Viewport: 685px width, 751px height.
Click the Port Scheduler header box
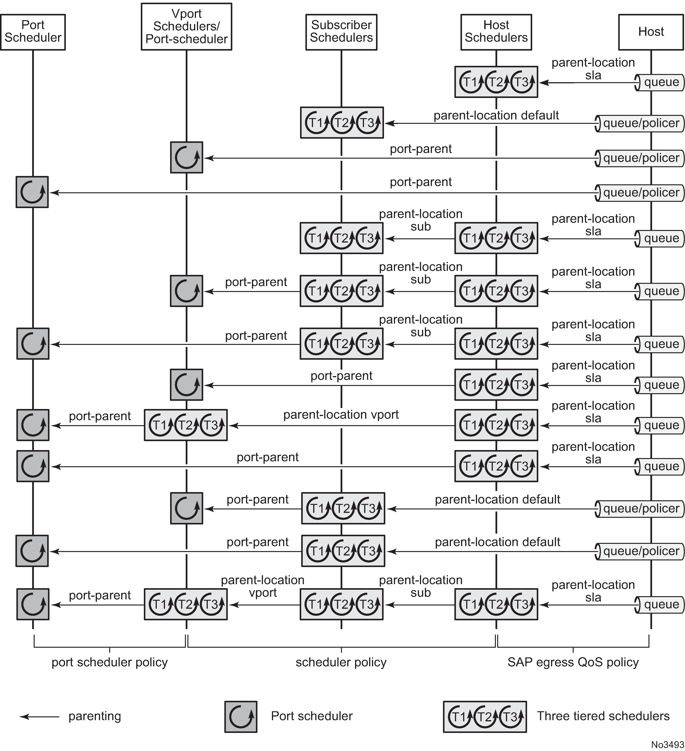[33, 32]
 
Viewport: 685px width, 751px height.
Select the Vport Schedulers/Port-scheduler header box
[186, 26]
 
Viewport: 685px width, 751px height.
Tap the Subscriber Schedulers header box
[341, 32]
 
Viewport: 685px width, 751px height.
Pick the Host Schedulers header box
[496, 32]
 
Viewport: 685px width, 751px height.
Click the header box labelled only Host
[651, 32]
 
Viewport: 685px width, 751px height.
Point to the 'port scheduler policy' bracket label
[110, 662]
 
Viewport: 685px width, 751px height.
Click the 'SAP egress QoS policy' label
[573, 662]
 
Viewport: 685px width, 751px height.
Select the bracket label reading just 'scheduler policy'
[341, 662]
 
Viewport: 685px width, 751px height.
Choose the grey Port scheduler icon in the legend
[241, 717]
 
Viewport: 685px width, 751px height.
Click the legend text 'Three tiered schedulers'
[603, 716]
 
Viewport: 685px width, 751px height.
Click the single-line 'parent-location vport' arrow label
[341, 415]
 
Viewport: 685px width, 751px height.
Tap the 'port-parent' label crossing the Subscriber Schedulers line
[341, 376]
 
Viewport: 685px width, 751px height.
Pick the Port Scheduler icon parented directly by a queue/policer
[32, 192]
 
